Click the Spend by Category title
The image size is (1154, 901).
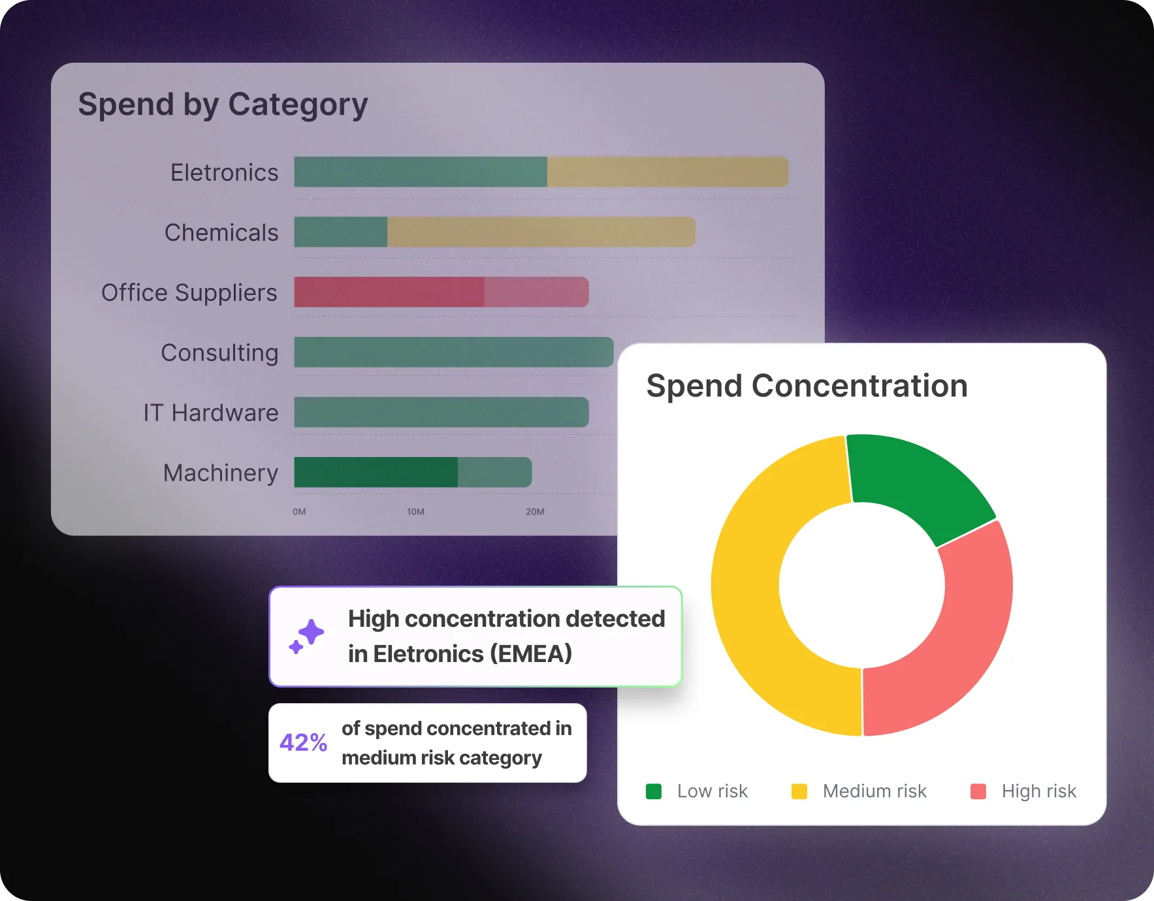[x=223, y=104]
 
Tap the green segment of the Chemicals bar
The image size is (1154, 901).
[x=340, y=232]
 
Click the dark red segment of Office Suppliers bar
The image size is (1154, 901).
[x=389, y=292]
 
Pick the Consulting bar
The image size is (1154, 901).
[x=453, y=352]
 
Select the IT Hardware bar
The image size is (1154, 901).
[x=441, y=412]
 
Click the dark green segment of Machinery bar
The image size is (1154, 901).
[x=376, y=472]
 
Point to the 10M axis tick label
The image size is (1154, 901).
[x=415, y=512]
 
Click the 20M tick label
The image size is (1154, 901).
[x=535, y=512]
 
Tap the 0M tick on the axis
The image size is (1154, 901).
[x=299, y=512]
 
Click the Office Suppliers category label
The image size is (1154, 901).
[x=189, y=292]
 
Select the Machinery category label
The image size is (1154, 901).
[x=220, y=473]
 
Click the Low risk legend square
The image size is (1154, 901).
[x=654, y=791]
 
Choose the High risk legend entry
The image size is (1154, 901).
[x=1038, y=791]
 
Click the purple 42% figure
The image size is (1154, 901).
[x=303, y=742]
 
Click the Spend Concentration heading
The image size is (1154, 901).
[x=807, y=386]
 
